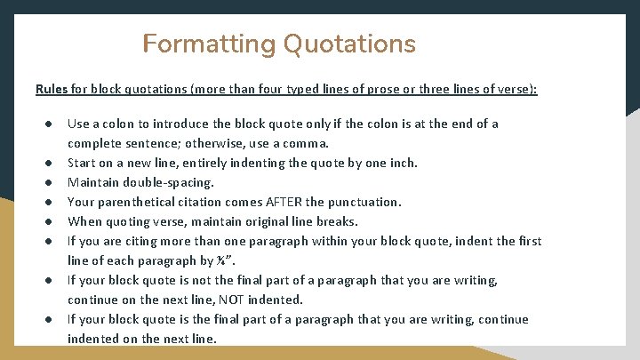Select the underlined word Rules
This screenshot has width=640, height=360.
tap(52, 90)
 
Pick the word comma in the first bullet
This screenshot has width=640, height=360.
tap(307, 143)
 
